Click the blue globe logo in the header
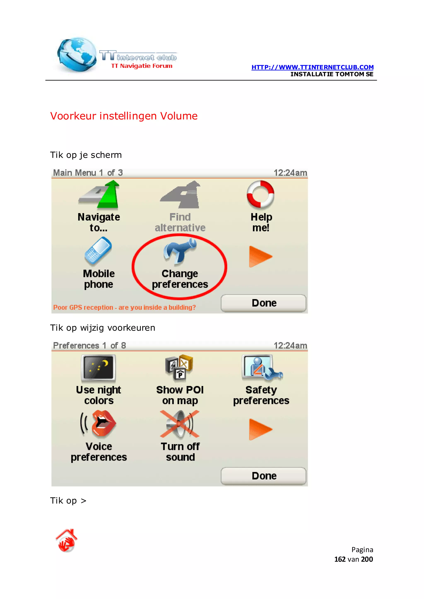click(x=76, y=54)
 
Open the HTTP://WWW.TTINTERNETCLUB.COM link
click(x=312, y=67)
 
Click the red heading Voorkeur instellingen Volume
click(x=124, y=116)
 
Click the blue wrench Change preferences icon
click(x=180, y=251)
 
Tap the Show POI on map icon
click(x=179, y=367)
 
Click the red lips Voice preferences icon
click(x=99, y=424)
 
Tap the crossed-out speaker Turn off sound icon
click(x=180, y=424)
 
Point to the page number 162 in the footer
click(x=340, y=559)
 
